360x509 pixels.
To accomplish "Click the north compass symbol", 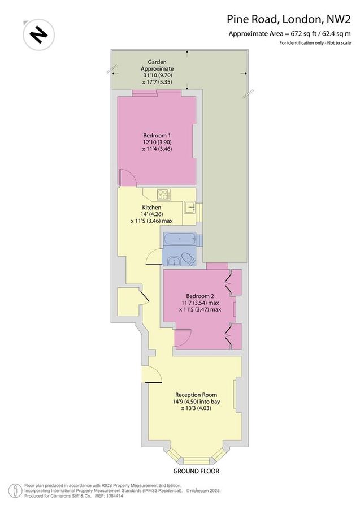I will point(38,35).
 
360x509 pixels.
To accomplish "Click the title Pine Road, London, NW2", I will point(292,20).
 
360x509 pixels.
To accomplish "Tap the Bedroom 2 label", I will point(200,296).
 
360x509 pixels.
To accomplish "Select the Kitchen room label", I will point(151,208).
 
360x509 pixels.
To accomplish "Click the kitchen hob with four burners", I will point(164,194).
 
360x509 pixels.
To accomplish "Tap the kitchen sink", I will point(191,207).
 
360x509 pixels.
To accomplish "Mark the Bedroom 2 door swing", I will point(182,338).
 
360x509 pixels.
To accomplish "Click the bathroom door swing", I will point(154,257).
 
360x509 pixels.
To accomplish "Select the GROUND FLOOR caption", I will point(196,471).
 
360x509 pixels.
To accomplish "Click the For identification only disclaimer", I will point(306,44).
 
